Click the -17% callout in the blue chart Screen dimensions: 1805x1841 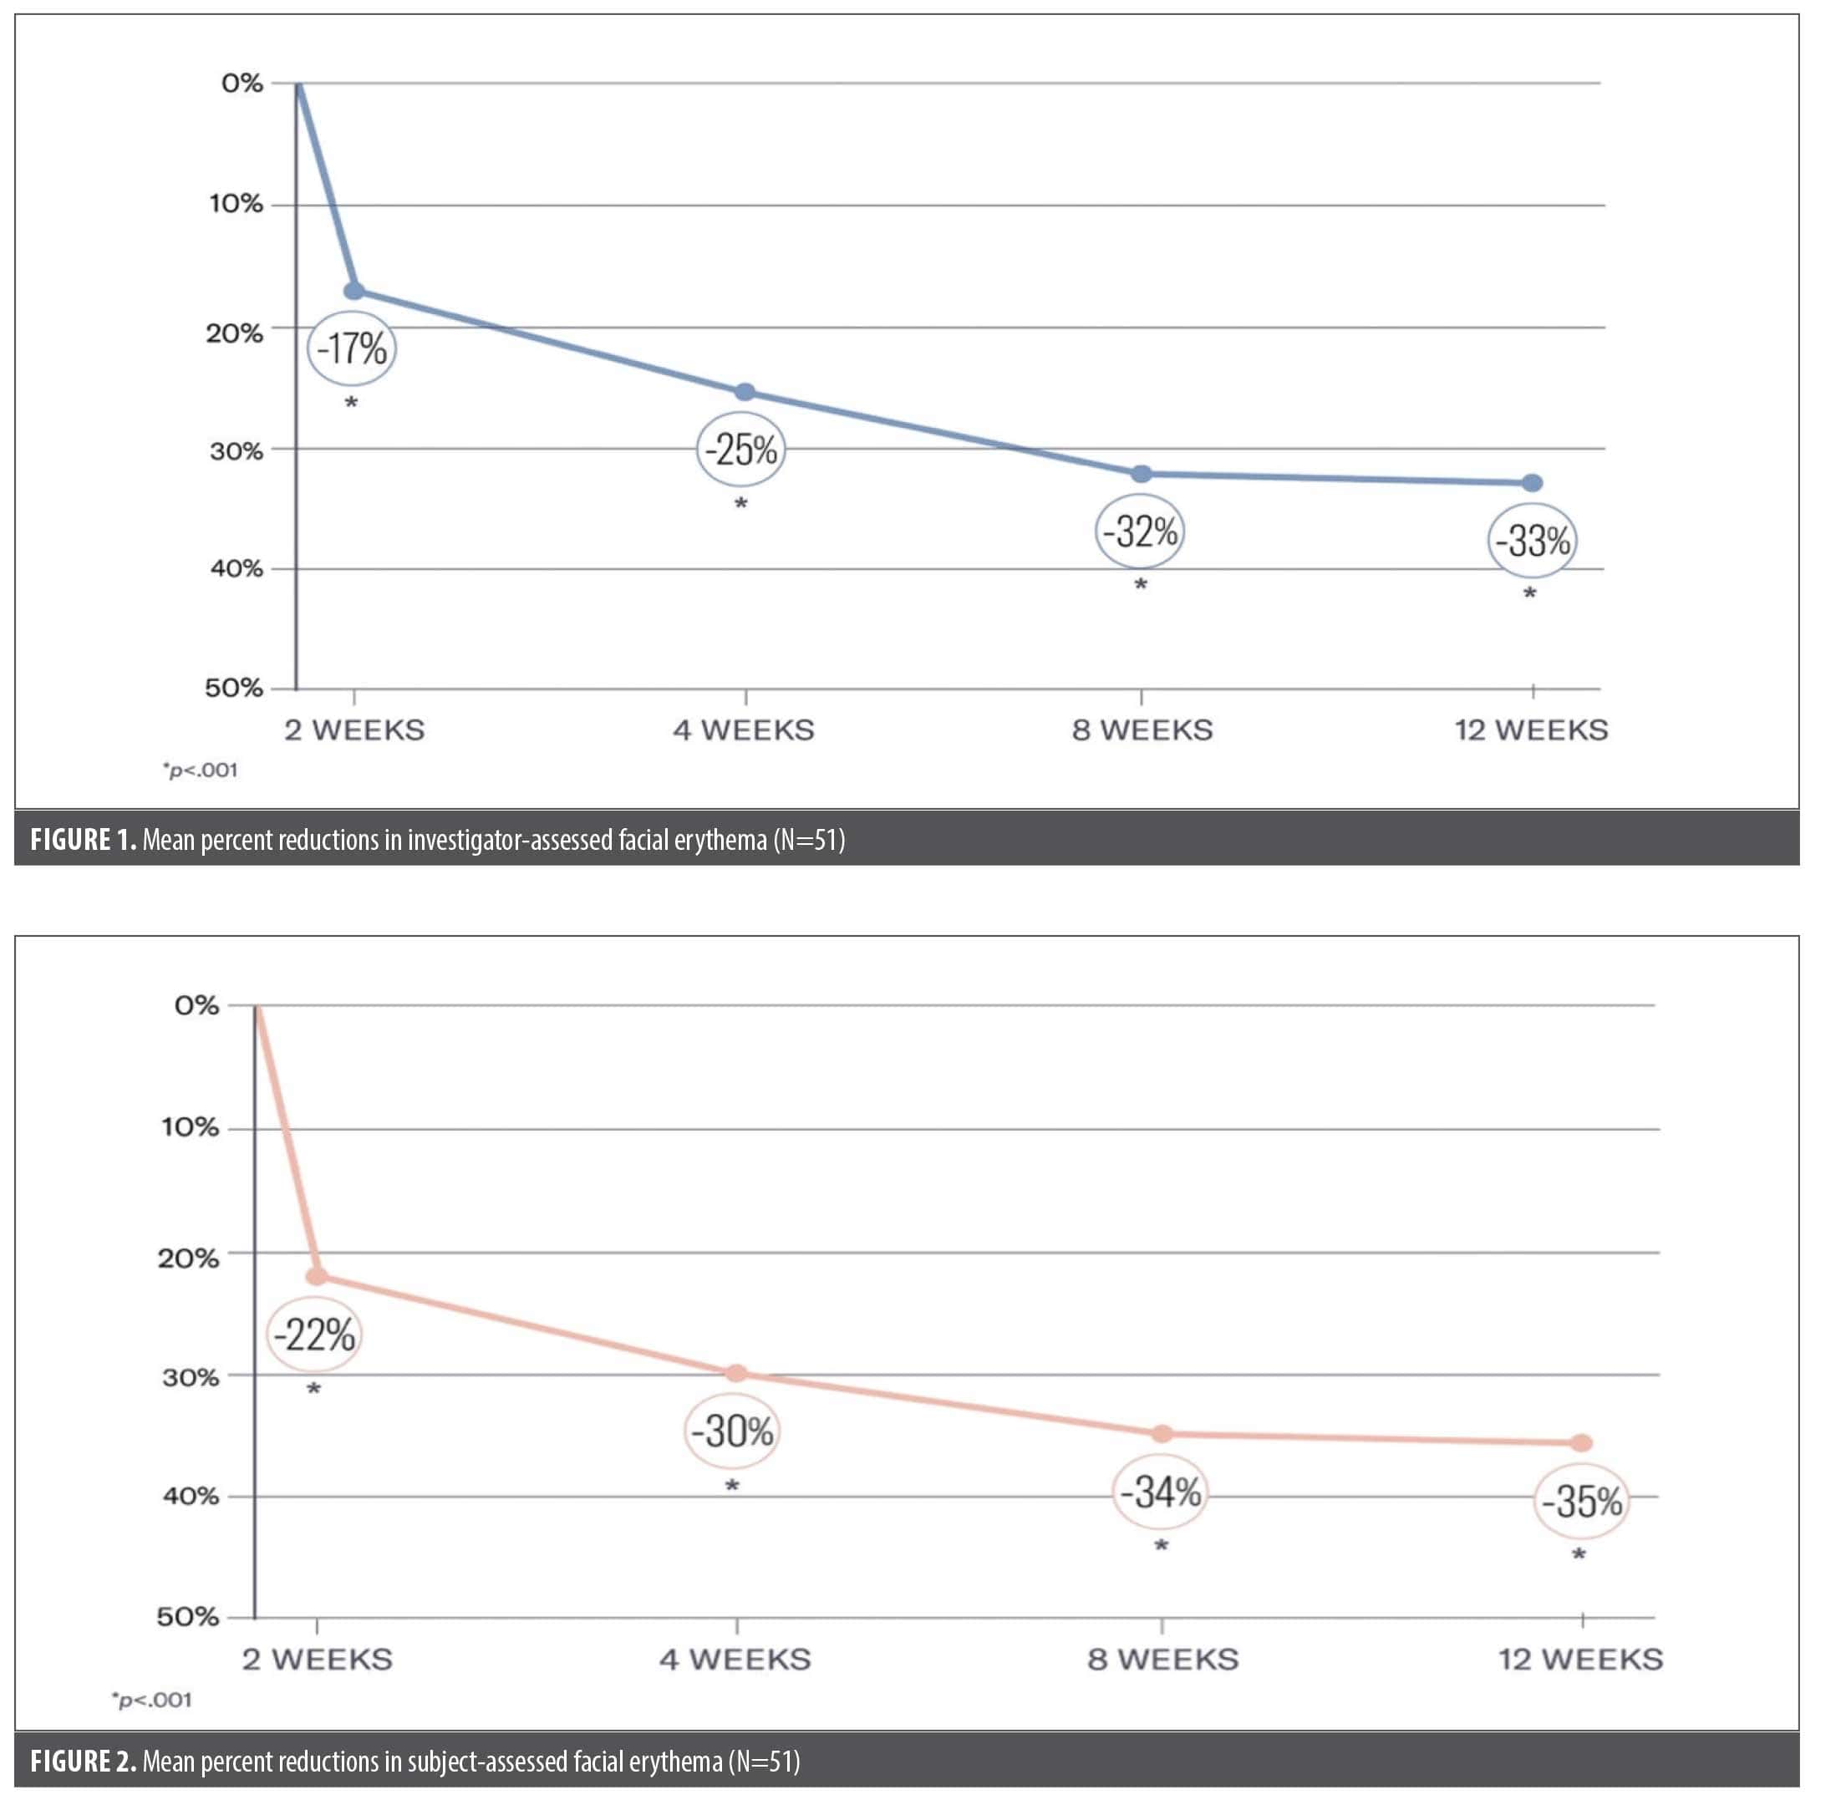pos(352,348)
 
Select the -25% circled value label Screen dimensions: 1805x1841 pos(741,450)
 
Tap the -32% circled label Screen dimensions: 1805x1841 pos(1141,531)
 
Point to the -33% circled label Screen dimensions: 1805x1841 pos(1532,541)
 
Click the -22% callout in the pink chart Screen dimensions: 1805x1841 pos(313,1335)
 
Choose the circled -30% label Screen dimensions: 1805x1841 pos(732,1431)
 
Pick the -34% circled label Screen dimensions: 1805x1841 pos(1161,1493)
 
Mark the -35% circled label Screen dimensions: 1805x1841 pos(1581,1502)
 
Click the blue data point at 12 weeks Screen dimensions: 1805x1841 pos(1532,484)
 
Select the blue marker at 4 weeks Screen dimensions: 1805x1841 pos(745,393)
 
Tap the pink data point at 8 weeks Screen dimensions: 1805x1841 pos(1162,1434)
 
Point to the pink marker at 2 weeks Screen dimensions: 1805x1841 pos(317,1277)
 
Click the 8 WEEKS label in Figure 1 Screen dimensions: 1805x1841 pos(1142,730)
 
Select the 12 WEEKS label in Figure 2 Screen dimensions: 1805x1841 pos(1580,1659)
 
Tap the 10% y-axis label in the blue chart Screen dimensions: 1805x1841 pos(236,204)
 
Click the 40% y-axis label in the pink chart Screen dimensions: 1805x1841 pos(191,1496)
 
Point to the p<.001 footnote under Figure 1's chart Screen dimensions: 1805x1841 pos(200,770)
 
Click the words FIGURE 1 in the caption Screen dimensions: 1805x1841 pos(84,840)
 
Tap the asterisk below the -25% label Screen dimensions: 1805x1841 pos(741,503)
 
